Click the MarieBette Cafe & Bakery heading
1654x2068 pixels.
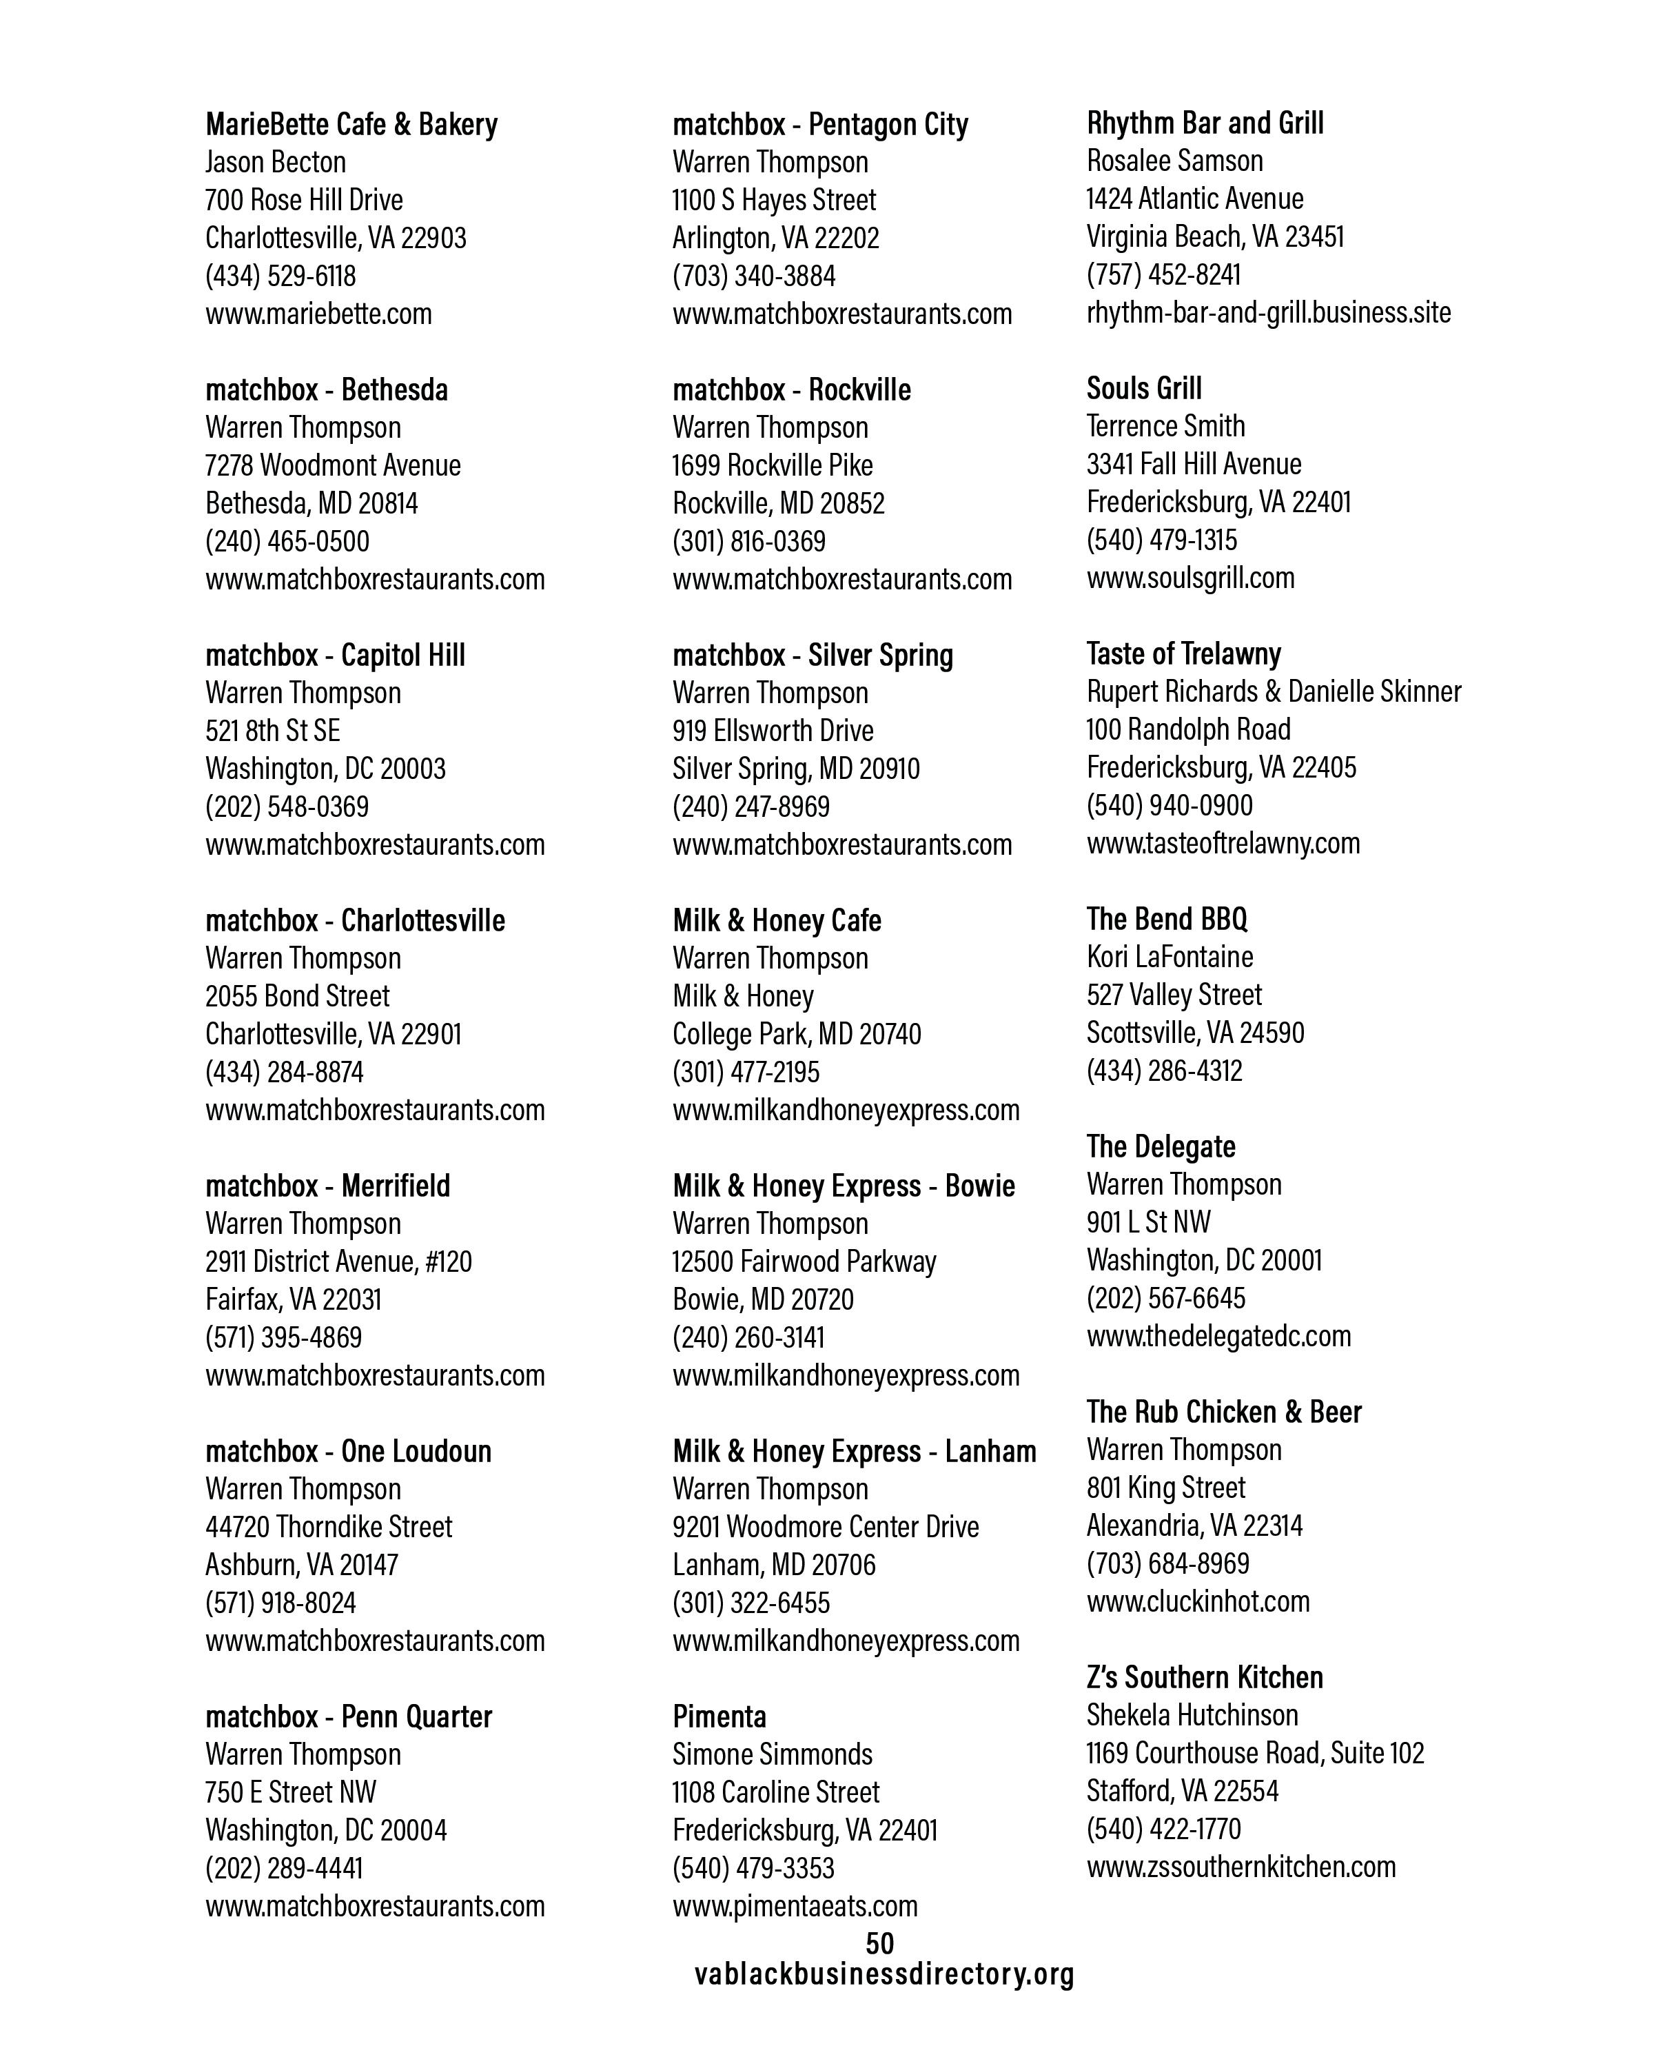[351, 125]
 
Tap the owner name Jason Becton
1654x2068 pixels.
[275, 162]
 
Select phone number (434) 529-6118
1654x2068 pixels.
[280, 276]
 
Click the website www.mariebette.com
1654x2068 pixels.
[318, 314]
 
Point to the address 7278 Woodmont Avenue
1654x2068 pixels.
[333, 465]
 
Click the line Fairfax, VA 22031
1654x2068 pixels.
[292, 1299]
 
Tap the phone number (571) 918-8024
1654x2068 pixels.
[280, 1603]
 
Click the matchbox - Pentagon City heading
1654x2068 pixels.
[820, 125]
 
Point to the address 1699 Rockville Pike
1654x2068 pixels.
[772, 465]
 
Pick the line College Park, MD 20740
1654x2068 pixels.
[796, 1034]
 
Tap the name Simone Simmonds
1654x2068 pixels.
[772, 1754]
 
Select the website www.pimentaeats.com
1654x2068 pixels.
[795, 1906]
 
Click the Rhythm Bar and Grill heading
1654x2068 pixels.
[1204, 123]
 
